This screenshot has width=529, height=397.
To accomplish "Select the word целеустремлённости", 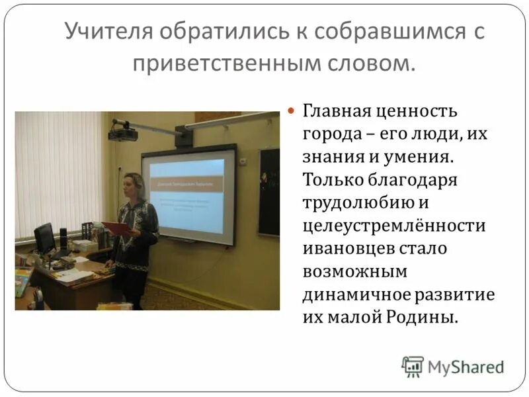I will [394, 226].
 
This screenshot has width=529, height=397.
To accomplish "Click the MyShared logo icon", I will [412, 365].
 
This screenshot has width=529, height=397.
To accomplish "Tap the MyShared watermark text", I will [466, 366].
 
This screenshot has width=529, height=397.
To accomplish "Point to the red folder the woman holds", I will [117, 229].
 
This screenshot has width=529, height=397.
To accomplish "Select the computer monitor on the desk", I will [44, 238].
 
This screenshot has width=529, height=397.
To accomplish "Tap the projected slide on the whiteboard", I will [187, 195].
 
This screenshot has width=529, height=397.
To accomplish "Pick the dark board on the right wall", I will [269, 191].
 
